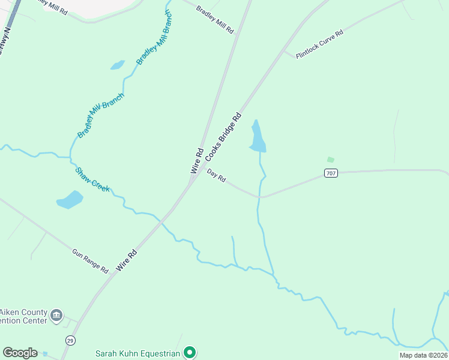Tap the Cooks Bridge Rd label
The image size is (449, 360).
[x=223, y=136]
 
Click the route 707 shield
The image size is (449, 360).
[x=331, y=173]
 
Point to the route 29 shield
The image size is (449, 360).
[x=71, y=340]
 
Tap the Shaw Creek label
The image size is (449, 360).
[x=92, y=179]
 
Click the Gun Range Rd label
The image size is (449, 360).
[x=89, y=262]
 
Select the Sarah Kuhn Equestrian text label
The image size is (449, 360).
[x=138, y=353]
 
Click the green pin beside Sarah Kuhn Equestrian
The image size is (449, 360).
[x=190, y=352]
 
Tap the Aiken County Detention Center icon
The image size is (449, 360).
[x=57, y=315]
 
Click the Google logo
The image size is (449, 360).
[x=20, y=353]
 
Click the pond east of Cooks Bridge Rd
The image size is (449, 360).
[x=258, y=137]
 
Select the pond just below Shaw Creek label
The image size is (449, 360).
[x=70, y=199]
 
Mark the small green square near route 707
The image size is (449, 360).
[x=330, y=160]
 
